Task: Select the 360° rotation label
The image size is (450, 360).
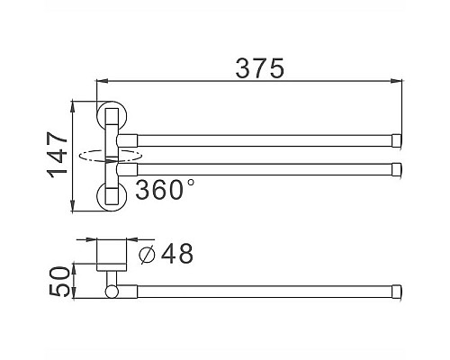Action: [165, 190]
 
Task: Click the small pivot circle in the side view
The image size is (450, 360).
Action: [112, 292]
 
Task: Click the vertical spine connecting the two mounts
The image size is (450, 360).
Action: [112, 157]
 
